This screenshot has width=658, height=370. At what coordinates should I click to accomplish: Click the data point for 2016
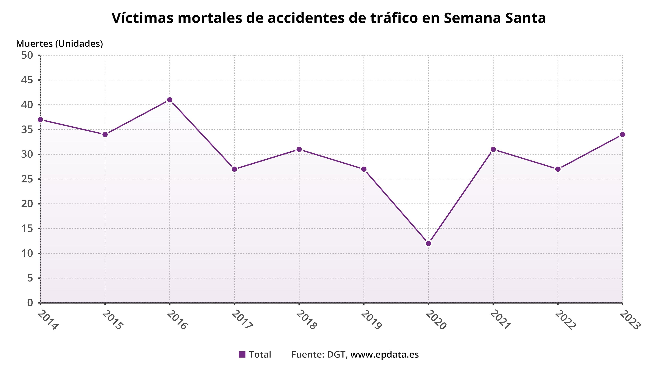170,100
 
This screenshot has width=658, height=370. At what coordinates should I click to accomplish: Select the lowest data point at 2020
429,243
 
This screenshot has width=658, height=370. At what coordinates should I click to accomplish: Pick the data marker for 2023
623,135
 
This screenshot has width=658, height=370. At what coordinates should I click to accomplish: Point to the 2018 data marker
299,149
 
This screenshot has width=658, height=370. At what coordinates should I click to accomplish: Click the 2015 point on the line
105,135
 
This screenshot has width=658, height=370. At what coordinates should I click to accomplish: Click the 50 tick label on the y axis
27,55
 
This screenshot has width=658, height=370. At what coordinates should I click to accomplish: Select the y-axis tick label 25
27,179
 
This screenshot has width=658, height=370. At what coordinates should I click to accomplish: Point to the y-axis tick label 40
27,105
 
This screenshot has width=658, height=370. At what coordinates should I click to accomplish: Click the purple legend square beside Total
242,354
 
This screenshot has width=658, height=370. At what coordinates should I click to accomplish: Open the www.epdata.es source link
384,354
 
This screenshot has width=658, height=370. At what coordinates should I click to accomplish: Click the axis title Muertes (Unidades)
59,44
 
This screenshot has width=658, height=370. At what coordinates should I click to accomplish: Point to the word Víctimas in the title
143,18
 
